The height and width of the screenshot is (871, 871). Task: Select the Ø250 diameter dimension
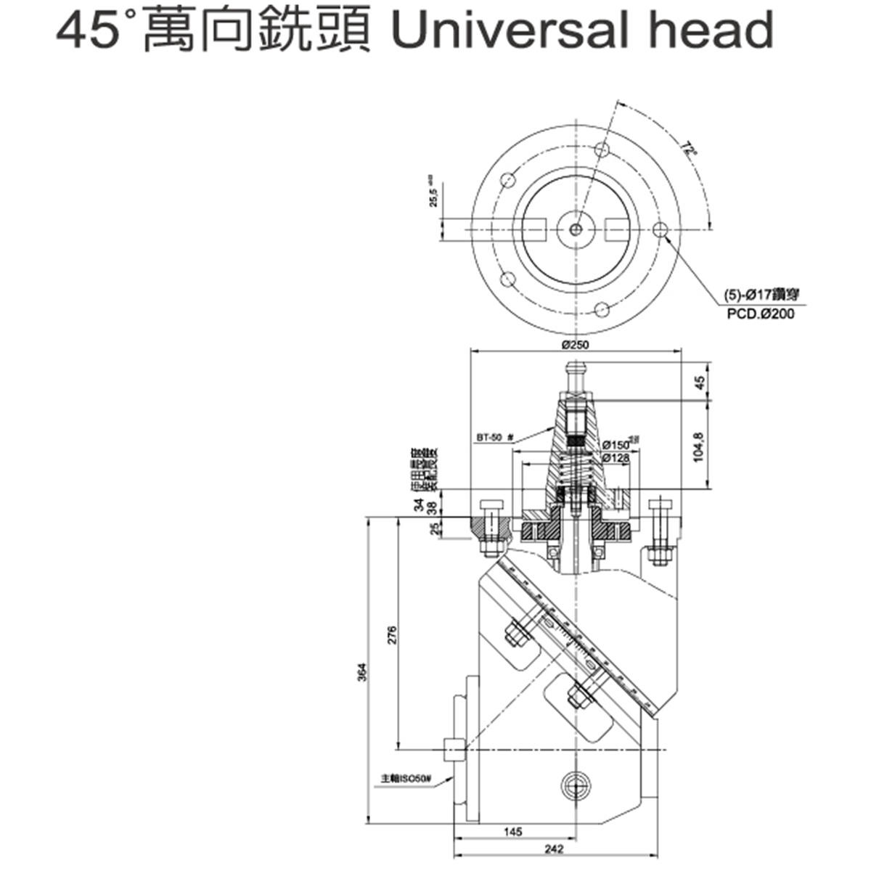575,345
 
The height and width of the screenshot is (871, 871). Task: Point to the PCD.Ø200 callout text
760,314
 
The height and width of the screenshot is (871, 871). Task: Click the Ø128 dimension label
616,458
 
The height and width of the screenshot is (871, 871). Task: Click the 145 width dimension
512,833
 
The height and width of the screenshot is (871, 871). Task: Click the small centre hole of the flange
575,229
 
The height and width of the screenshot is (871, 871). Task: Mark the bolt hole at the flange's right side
660,229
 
